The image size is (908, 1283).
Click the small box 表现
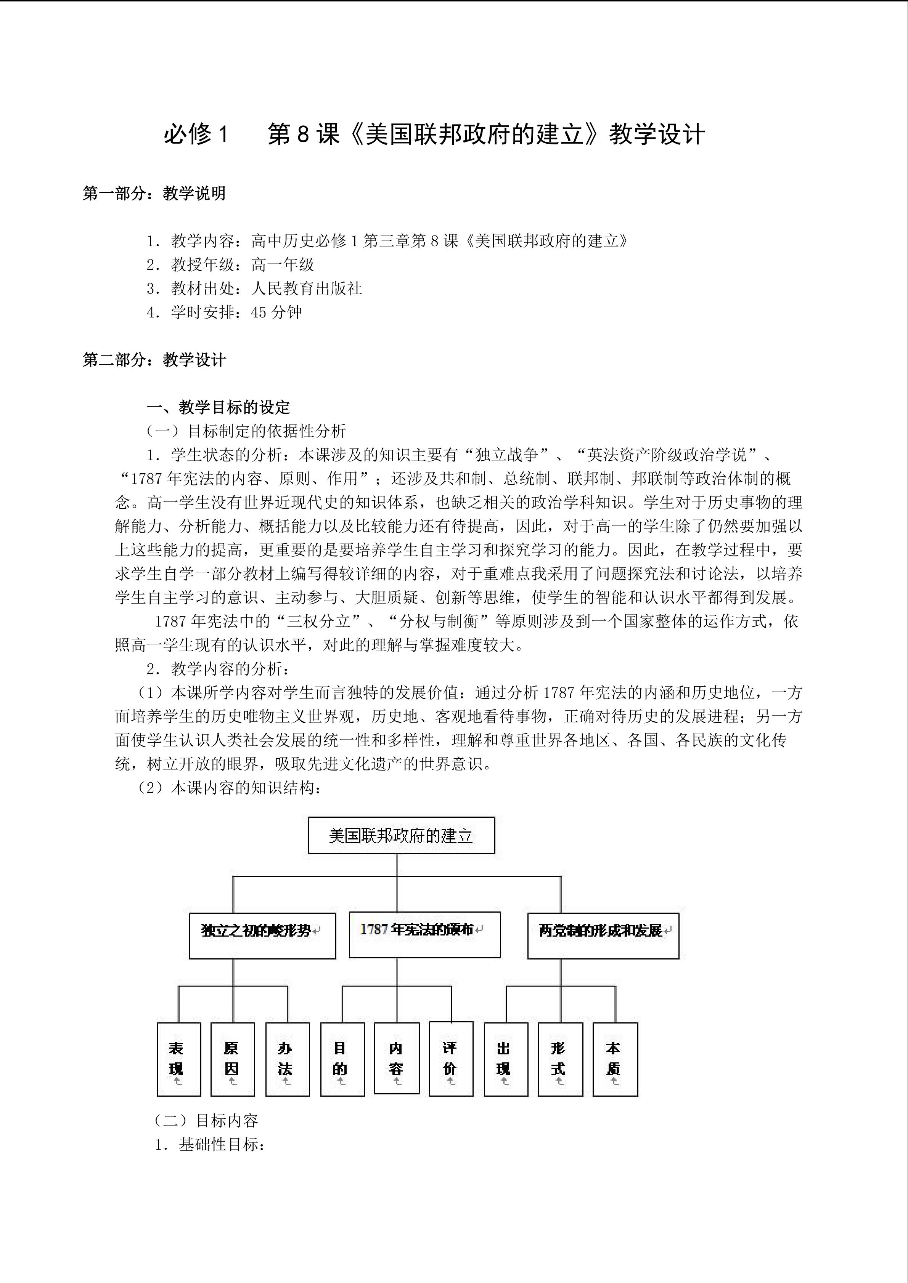pos(178,1059)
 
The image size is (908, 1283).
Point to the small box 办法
pos(287,1059)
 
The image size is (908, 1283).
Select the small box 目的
pos(342,1059)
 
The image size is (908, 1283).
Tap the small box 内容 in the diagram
pos(396,1058)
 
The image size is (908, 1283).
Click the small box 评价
pos(451,1058)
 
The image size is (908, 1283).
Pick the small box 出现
pos(505,1059)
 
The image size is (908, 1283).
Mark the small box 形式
pos(560,1059)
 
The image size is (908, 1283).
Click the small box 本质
pos(614,1059)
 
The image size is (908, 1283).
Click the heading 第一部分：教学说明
pos(154,193)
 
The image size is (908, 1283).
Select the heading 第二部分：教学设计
pos(154,359)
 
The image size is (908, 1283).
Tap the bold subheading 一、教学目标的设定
pos(219,407)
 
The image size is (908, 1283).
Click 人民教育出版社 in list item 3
pos(306,288)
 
